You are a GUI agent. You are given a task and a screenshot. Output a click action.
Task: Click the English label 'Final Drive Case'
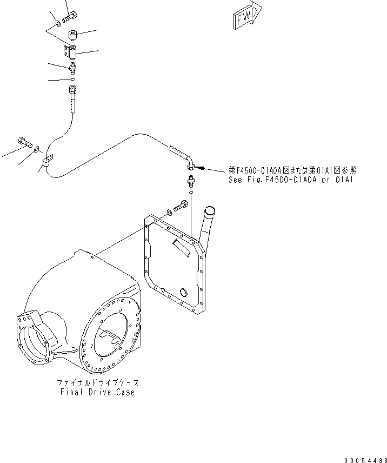98,392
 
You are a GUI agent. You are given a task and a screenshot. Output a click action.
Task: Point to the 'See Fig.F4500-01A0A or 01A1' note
291,179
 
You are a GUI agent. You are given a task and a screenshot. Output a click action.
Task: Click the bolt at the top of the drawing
70,18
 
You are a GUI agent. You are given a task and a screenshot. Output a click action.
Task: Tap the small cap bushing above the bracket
74,37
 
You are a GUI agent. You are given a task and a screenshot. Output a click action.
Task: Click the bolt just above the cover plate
182,207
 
